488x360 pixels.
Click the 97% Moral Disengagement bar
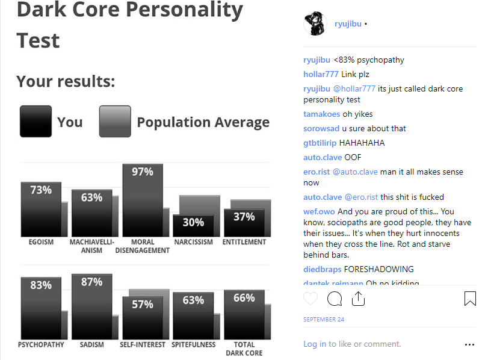143,200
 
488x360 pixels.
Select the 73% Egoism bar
41,209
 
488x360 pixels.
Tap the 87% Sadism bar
92,307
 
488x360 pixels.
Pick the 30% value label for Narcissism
193,222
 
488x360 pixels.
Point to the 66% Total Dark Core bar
244,314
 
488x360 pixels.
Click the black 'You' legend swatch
36,121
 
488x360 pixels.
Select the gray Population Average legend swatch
115,121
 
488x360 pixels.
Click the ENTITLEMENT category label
244,242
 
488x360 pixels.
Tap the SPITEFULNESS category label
194,345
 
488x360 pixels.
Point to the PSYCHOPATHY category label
41,345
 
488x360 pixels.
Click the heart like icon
310,299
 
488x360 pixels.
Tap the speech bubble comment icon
335,299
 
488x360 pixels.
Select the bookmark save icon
470,299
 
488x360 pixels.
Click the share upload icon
358,299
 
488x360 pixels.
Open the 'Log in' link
315,344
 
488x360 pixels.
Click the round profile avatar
315,23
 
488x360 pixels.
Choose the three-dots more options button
469,344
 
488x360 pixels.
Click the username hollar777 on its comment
321,74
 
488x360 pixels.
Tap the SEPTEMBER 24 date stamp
324,319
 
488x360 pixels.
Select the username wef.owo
319,211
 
